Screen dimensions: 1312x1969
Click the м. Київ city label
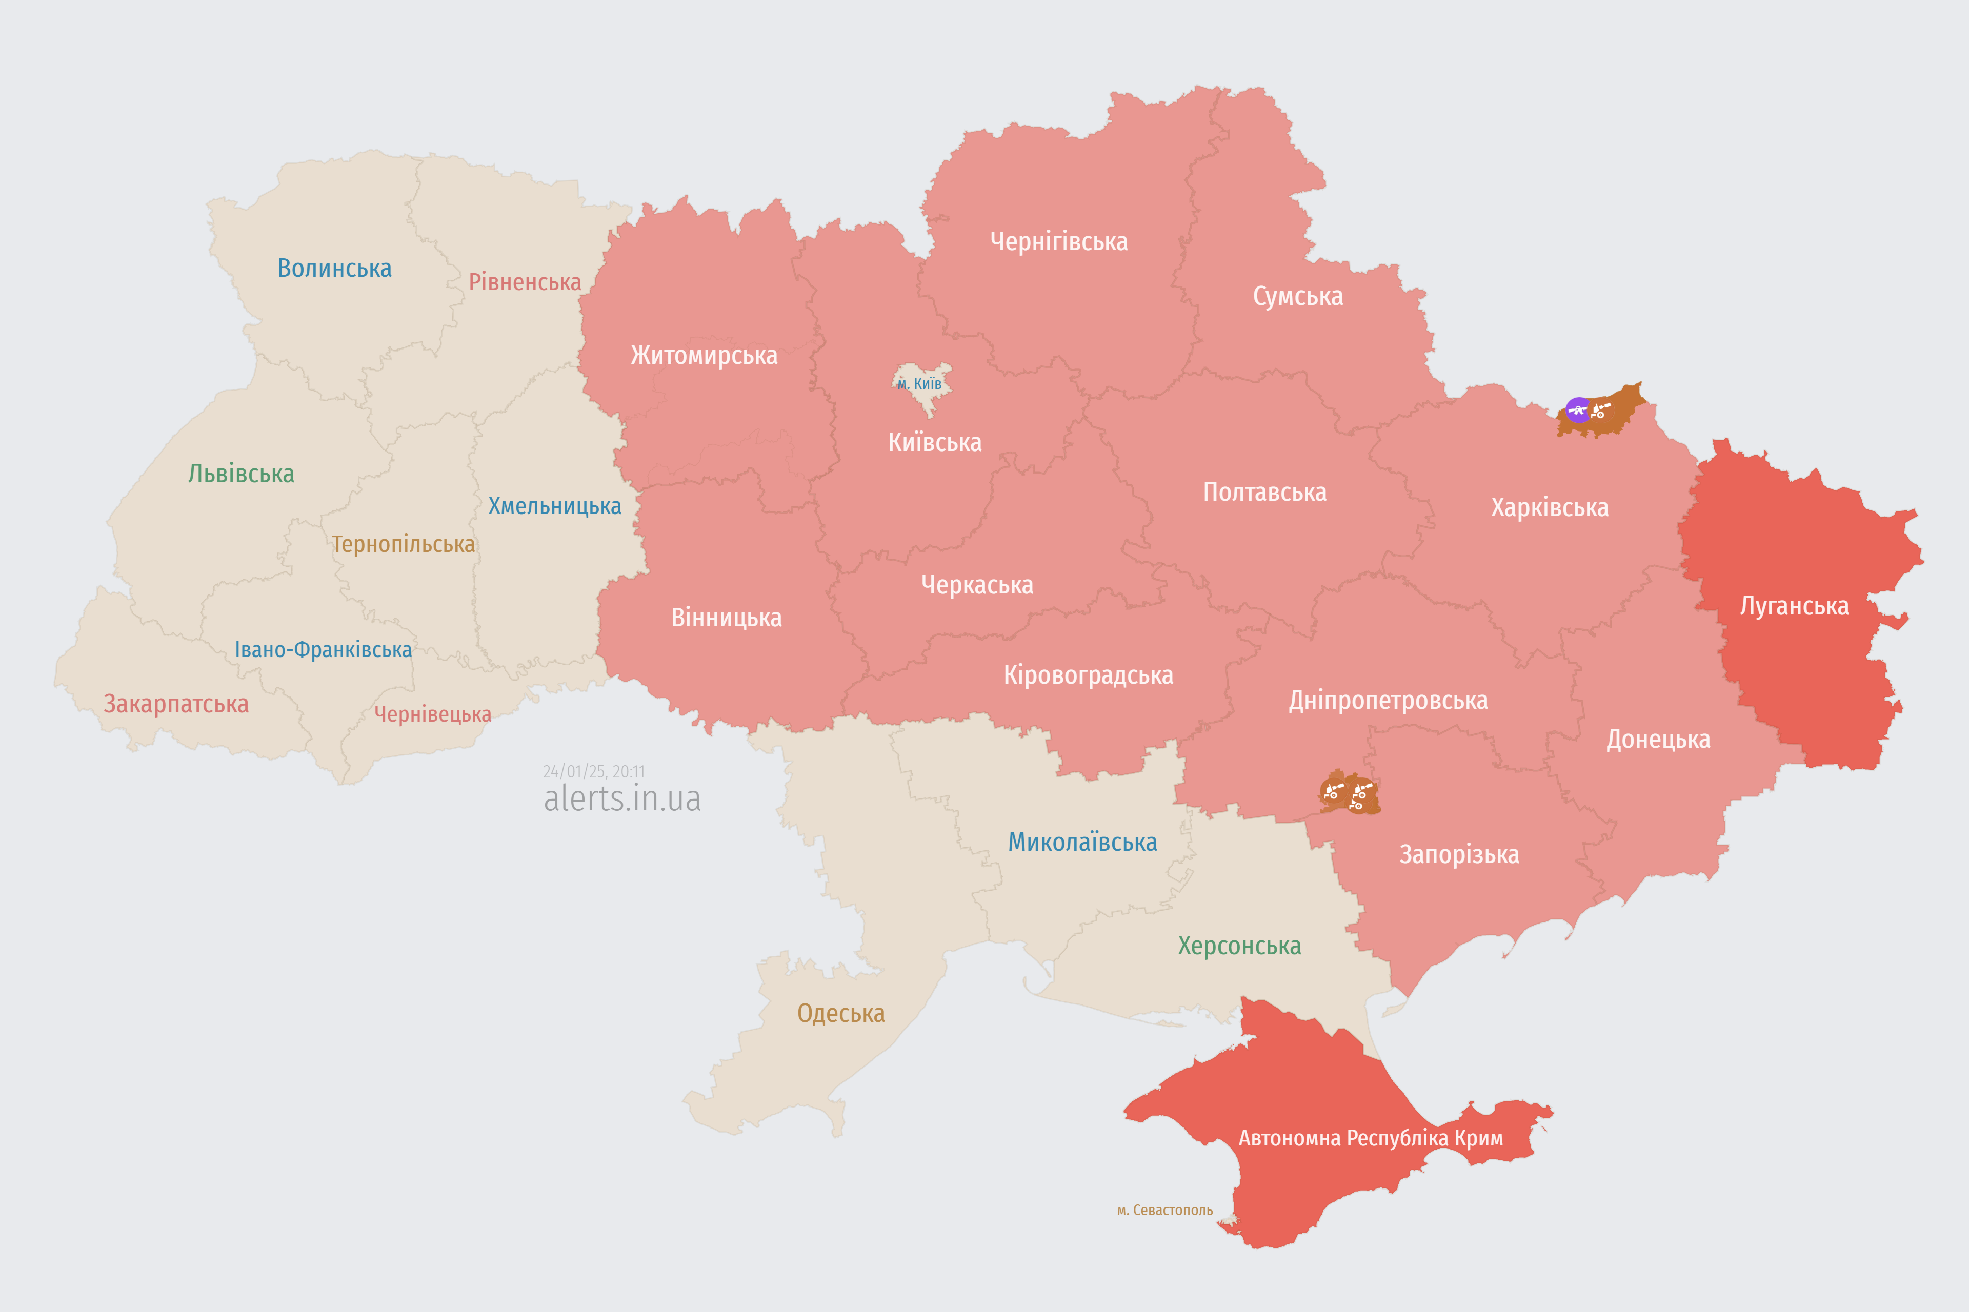919,384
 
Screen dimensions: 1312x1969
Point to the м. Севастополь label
1164,1210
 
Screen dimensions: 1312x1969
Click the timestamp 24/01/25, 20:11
594,771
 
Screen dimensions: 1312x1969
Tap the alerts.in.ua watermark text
622,799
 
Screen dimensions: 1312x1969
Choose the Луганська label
1794,606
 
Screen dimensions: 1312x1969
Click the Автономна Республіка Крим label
1371,1138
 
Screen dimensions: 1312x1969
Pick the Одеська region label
840,1013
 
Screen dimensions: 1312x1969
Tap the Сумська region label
1298,296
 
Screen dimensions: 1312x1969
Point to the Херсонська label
1239,946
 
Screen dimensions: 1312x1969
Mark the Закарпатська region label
176,704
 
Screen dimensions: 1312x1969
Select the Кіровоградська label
1088,675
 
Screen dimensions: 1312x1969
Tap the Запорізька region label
1459,854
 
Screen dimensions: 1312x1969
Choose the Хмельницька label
554,506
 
